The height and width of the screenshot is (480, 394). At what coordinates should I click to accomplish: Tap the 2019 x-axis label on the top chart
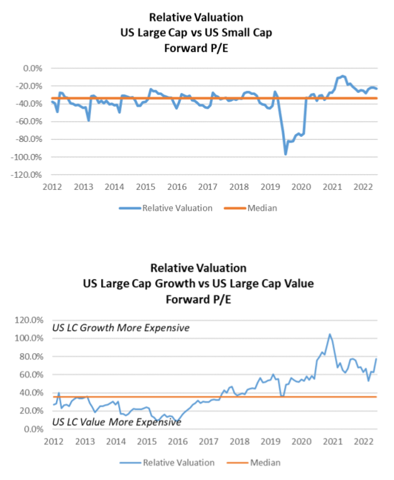(270, 187)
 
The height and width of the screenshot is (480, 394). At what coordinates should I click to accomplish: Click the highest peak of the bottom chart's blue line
(329, 335)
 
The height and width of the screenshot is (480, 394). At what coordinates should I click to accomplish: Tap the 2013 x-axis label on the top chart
(83, 187)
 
